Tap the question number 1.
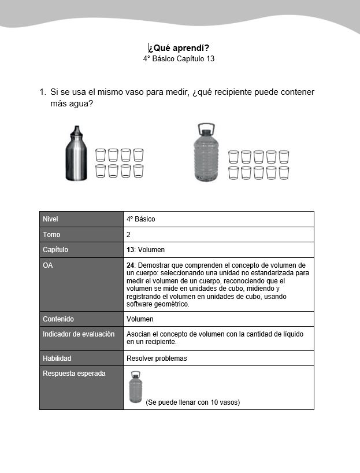(42, 92)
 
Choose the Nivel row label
(51, 219)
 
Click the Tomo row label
(51, 235)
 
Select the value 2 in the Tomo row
(128, 235)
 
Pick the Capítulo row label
(55, 250)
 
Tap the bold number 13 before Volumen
(130, 250)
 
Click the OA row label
(48, 265)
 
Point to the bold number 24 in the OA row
(130, 265)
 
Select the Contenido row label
(58, 319)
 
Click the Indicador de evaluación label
(79, 334)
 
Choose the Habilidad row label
(57, 359)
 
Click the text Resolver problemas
(157, 359)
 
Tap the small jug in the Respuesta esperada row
(135, 387)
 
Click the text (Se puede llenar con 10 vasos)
(192, 402)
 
